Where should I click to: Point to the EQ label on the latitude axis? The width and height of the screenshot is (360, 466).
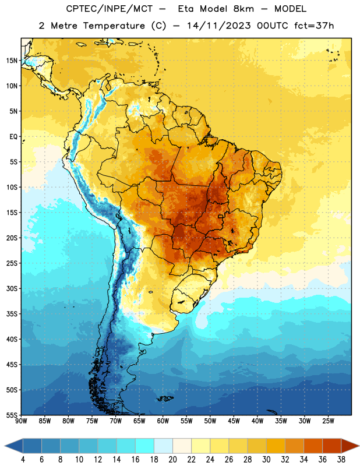pos(13,137)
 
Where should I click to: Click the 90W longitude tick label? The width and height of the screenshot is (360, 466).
pos(21,421)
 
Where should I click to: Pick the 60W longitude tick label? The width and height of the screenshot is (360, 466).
pos(163,421)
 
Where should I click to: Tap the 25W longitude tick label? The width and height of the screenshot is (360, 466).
pos(328,421)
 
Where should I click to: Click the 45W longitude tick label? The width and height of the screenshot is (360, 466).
pos(234,421)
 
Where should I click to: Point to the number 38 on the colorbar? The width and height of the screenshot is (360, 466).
pos(341,460)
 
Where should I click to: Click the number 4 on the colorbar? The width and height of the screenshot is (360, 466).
pos(23,460)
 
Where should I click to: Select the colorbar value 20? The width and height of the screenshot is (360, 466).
pos(172,460)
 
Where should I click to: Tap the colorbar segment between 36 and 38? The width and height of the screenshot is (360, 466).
pos(332,446)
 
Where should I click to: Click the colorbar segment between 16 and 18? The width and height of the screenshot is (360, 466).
pos(144,446)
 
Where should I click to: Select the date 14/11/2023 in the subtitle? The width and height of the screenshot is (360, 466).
pos(219,26)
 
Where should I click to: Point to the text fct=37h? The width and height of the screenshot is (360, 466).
pos(314,26)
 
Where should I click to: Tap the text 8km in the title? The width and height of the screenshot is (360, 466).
pos(243,9)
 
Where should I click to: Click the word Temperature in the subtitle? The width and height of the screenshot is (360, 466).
pos(114,26)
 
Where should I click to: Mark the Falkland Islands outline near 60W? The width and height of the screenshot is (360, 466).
pos(165,398)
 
